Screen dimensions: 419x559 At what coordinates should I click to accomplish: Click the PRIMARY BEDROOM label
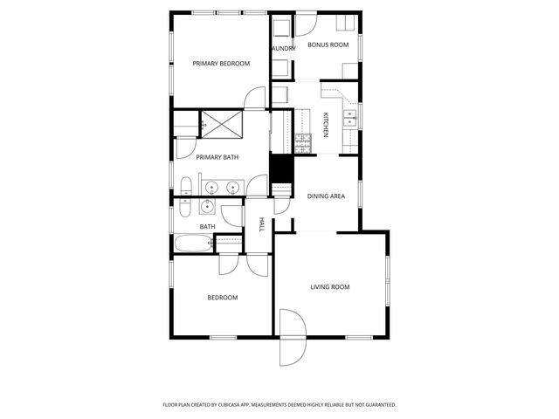point(221,64)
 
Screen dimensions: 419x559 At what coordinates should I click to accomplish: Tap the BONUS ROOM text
point(328,45)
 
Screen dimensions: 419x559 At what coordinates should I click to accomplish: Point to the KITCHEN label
point(326,126)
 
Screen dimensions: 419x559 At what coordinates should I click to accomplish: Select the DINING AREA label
point(326,196)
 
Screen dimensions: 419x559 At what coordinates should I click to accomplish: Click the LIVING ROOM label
point(330,286)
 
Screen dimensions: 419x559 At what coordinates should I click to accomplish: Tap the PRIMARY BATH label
point(217,157)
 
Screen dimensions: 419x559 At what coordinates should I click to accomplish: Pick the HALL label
point(261,225)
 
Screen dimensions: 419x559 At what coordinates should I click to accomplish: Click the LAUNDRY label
point(282,49)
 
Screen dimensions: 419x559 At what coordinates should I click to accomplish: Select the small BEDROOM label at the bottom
point(222,298)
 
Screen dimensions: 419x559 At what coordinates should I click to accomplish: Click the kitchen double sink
point(350,120)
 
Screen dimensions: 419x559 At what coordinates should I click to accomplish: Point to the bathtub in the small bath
point(192,243)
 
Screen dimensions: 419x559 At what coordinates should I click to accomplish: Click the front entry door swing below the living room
point(292,343)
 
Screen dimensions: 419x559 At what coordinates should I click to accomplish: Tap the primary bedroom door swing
point(254,99)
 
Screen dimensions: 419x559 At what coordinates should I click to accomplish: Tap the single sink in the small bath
point(207,207)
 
